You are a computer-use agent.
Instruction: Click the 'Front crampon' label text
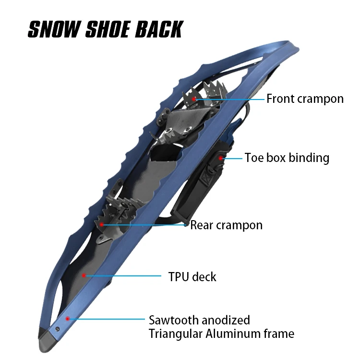305,99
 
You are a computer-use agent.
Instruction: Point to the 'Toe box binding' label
287,158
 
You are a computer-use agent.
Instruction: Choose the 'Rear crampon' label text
226,225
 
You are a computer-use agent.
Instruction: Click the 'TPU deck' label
192,277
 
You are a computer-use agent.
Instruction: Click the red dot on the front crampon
194,99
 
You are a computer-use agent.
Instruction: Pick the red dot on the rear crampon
102,224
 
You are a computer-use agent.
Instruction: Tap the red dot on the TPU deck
84,275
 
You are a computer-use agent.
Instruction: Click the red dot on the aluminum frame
68,318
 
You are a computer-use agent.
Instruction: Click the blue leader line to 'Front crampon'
230,99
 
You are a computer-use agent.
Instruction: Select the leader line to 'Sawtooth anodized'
108,319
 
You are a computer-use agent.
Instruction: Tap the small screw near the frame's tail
57,329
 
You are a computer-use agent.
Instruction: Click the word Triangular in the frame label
175,334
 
